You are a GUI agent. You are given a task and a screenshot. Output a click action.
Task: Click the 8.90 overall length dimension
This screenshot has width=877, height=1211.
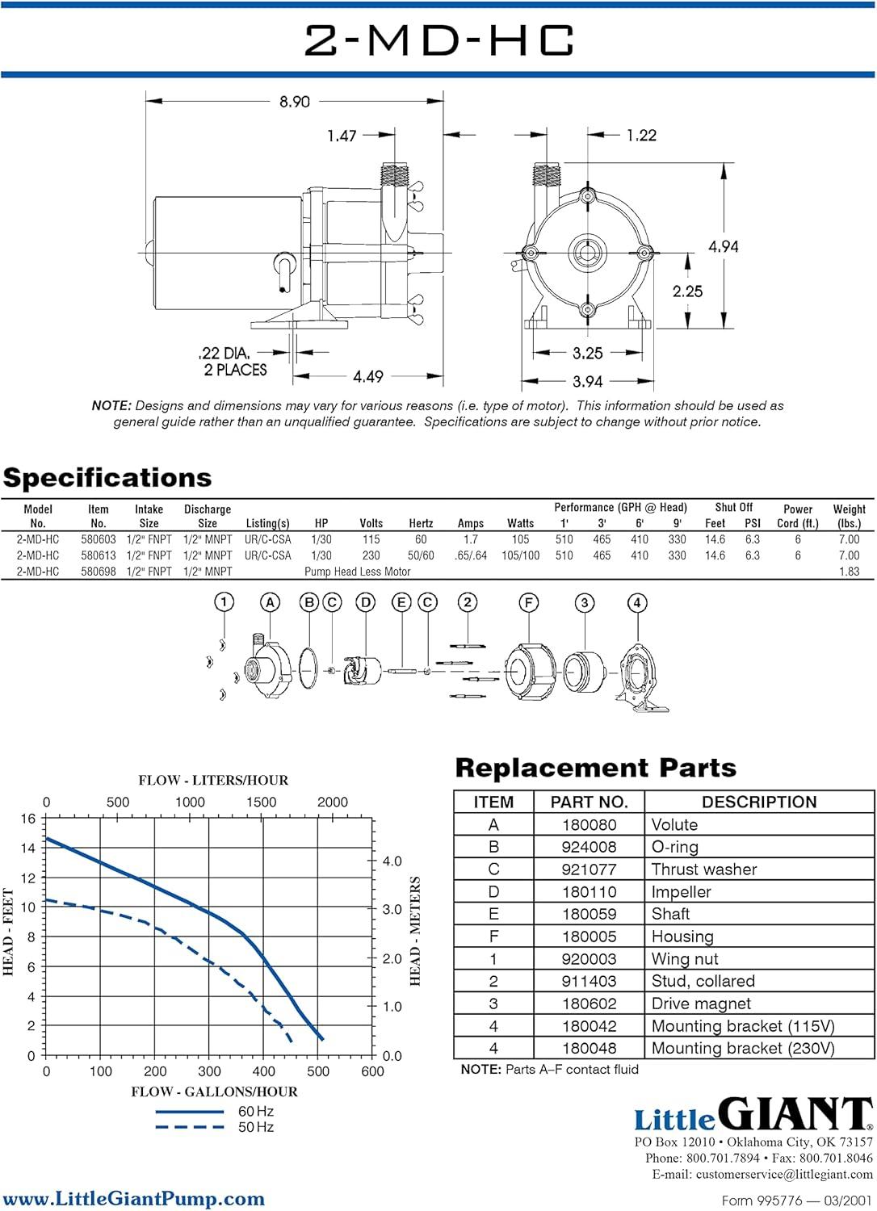pyautogui.click(x=295, y=102)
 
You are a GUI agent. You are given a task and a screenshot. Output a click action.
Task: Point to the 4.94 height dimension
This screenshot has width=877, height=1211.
pyautogui.click(x=723, y=246)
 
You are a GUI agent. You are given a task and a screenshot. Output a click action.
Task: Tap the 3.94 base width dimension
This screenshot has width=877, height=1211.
pyautogui.click(x=587, y=381)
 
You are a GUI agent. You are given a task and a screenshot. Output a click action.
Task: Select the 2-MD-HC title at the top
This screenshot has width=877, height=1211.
pyautogui.click(x=439, y=40)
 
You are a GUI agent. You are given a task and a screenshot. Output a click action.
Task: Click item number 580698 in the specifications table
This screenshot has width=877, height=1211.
pyautogui.click(x=99, y=572)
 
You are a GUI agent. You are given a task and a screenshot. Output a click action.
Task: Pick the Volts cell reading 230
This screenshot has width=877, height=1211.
pyautogui.click(x=371, y=555)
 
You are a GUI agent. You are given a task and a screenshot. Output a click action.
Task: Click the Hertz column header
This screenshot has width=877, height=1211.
pyautogui.click(x=421, y=523)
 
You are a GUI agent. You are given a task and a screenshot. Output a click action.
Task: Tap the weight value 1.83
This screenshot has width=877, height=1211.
pyautogui.click(x=849, y=572)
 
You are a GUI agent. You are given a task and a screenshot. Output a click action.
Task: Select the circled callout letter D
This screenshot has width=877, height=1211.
pyautogui.click(x=366, y=602)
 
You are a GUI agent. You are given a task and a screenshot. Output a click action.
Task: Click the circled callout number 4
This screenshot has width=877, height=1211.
pyautogui.click(x=637, y=602)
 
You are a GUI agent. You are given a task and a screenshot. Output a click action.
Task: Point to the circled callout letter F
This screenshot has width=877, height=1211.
pyautogui.click(x=528, y=602)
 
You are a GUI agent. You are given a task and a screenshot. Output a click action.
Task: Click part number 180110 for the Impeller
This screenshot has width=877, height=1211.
pyautogui.click(x=589, y=892)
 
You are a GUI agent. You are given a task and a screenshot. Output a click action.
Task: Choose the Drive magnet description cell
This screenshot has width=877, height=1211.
pyautogui.click(x=701, y=1004)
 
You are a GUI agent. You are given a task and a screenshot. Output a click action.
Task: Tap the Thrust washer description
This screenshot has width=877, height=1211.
pyautogui.click(x=704, y=869)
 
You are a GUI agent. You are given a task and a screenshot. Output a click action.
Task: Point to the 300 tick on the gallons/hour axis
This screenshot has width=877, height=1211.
pyautogui.click(x=209, y=1071)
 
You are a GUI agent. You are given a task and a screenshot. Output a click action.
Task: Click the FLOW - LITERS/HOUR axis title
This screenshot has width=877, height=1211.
pyautogui.click(x=213, y=780)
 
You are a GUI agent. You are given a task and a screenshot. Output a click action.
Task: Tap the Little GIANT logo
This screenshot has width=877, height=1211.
pyautogui.click(x=753, y=1115)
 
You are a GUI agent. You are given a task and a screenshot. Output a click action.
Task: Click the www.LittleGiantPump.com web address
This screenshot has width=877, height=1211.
pyautogui.click(x=133, y=1199)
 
